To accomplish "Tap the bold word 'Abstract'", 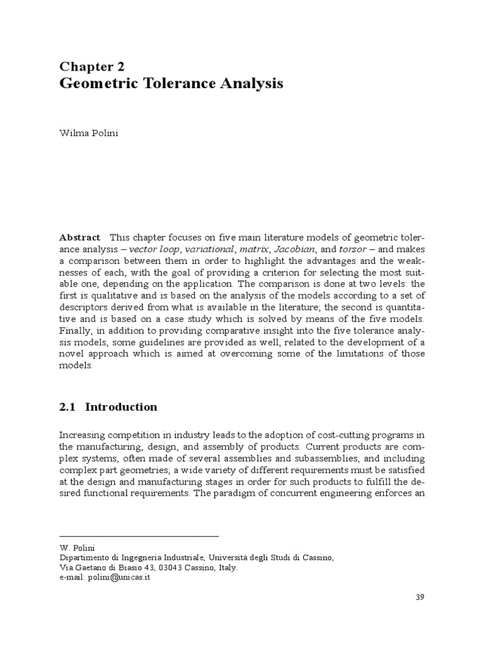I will [79, 237].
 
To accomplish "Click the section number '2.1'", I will [67, 407].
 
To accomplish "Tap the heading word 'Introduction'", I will [121, 407].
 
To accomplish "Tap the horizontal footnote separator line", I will [139, 535].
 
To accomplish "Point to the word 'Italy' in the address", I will [226, 567].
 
